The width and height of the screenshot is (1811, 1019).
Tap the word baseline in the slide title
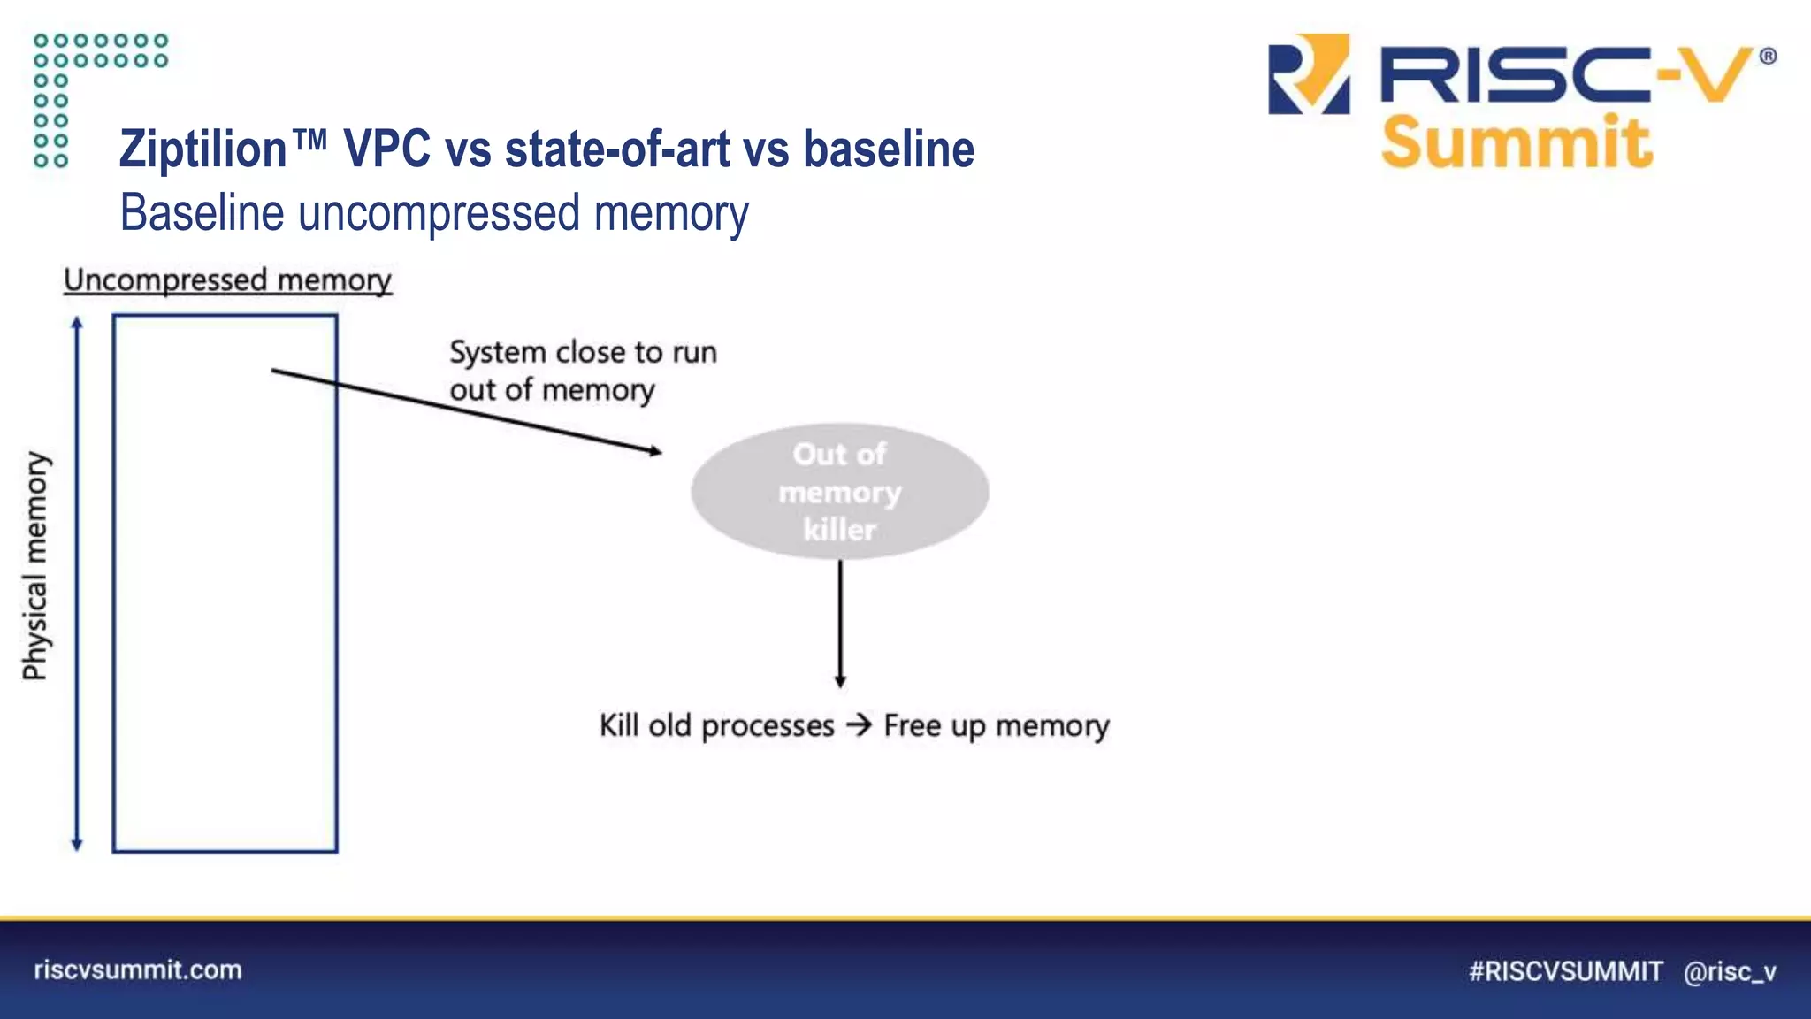click(x=888, y=149)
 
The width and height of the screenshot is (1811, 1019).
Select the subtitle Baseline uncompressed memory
click(x=434, y=213)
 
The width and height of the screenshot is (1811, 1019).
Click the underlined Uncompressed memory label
click(x=227, y=280)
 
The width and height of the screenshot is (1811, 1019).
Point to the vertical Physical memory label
click(x=35, y=566)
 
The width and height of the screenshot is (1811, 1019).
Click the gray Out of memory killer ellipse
click(x=839, y=492)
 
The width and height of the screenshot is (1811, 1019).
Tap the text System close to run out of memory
click(x=582, y=371)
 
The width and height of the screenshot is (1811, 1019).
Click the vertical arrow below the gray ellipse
click(x=840, y=624)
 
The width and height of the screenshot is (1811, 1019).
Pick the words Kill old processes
click(x=716, y=725)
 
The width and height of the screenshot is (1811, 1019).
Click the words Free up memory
click(x=996, y=725)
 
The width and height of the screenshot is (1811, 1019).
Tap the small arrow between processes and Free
click(x=859, y=725)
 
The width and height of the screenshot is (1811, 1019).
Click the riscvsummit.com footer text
click(x=138, y=969)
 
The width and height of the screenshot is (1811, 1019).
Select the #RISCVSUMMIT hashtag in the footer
click(x=1565, y=971)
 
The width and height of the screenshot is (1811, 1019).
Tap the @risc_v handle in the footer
click(x=1730, y=971)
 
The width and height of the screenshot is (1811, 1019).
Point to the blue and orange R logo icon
click(x=1309, y=74)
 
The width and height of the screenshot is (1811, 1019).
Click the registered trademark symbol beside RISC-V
click(x=1768, y=57)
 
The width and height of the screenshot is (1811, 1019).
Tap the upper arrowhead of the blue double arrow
click(x=77, y=323)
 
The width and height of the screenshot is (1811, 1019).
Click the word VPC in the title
click(x=386, y=149)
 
